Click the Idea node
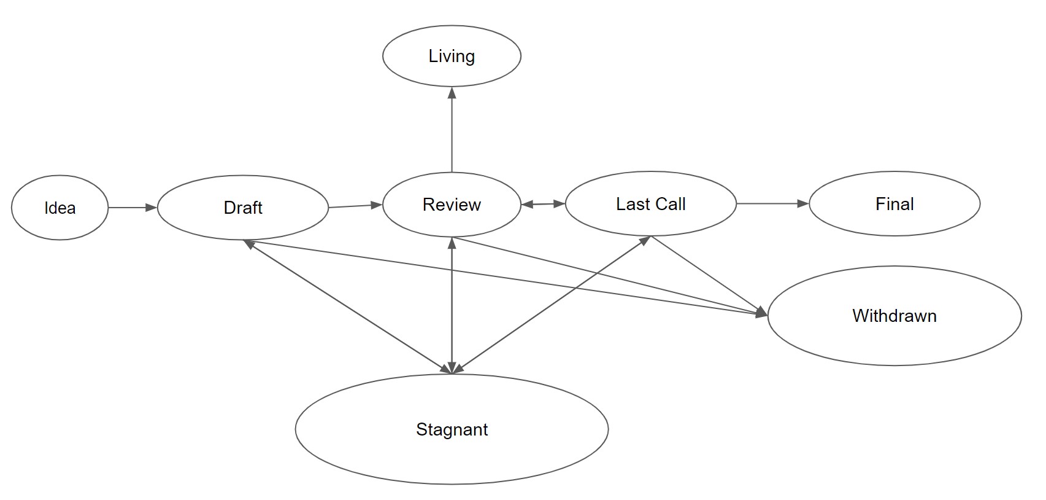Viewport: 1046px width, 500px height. pyautogui.click(x=60, y=208)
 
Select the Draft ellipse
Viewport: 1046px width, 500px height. pyautogui.click(x=242, y=208)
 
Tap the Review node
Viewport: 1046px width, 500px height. pyautogui.click(x=452, y=205)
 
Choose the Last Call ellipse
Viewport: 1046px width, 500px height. pyautogui.click(x=650, y=204)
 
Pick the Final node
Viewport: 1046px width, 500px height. pyautogui.click(x=894, y=204)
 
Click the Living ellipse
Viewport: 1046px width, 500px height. pyautogui.click(x=452, y=56)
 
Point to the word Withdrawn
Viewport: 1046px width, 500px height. pyautogui.click(x=894, y=316)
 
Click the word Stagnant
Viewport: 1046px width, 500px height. pyautogui.click(x=452, y=429)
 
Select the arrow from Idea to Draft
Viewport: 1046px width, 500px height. pyautogui.click(x=132, y=208)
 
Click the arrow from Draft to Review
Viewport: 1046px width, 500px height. pyautogui.click(x=355, y=206)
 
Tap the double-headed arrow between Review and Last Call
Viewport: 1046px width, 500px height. pyautogui.click(x=543, y=204)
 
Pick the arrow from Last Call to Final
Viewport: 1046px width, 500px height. pyautogui.click(x=772, y=203)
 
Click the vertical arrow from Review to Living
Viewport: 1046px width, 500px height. pyautogui.click(x=452, y=132)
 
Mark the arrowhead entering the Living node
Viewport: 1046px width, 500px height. pyautogui.click(x=452, y=93)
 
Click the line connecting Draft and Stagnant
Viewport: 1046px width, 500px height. pyautogui.click(x=347, y=306)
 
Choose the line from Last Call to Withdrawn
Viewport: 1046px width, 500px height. pyautogui.click(x=706, y=273)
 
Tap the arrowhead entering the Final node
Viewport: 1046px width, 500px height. pyautogui.click(x=803, y=203)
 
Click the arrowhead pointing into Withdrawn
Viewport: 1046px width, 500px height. pyautogui.click(x=761, y=313)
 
